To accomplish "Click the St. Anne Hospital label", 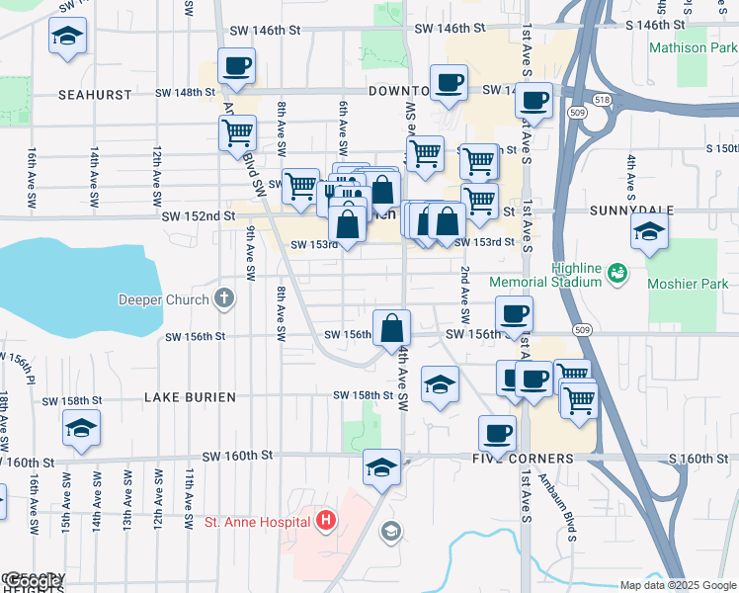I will click(x=260, y=521).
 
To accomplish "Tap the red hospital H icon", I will click(x=326, y=521).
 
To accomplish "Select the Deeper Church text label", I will click(x=164, y=299).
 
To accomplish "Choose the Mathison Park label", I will click(x=693, y=47).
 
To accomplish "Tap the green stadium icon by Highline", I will click(x=617, y=271).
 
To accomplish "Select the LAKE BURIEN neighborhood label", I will click(x=190, y=397).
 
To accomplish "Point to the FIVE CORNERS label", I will click(x=523, y=460).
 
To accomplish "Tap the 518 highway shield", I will click(x=603, y=99).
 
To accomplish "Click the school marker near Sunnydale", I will click(x=650, y=232).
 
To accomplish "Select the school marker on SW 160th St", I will click(x=381, y=466).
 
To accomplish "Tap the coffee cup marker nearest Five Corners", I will click(x=497, y=432).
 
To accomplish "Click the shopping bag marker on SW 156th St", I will click(x=392, y=327).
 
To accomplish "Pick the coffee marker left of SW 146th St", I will click(x=235, y=67).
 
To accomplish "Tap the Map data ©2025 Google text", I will click(x=678, y=585).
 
